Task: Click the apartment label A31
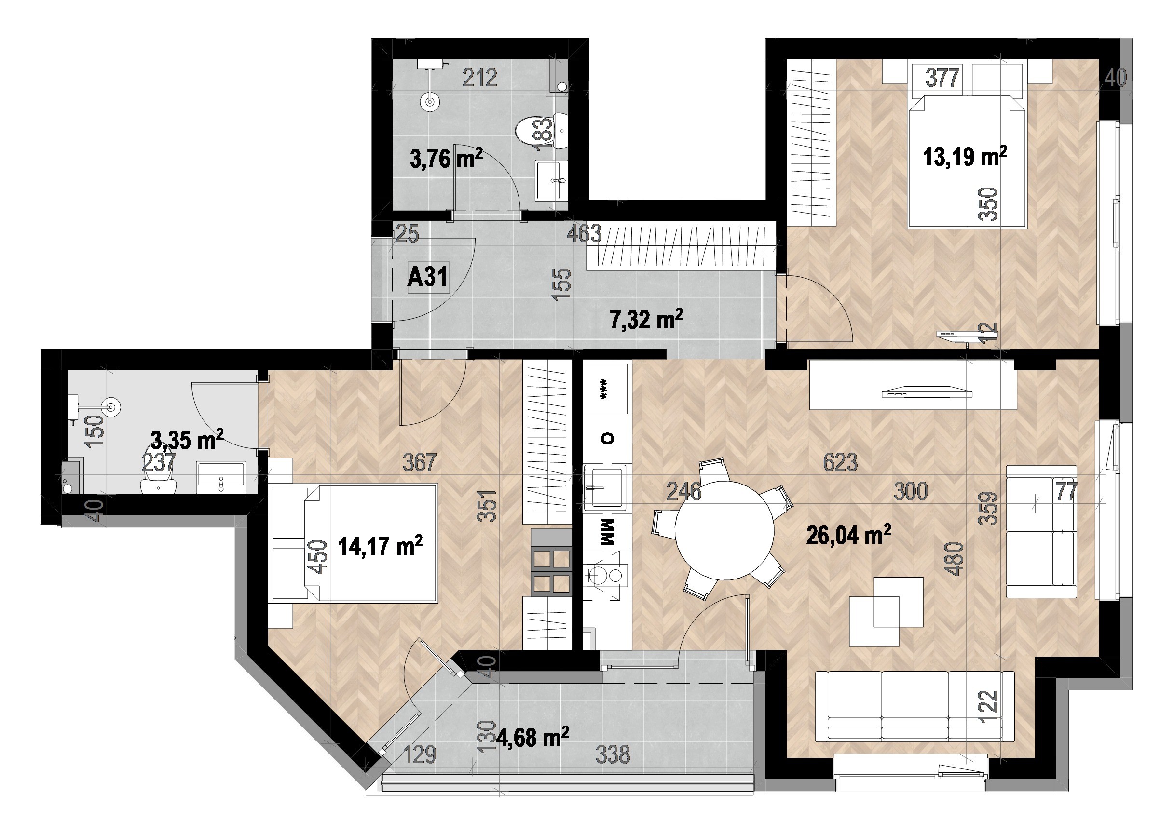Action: (x=428, y=278)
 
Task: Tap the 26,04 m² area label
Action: (x=849, y=535)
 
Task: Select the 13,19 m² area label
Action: (x=965, y=156)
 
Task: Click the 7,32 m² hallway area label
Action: (x=646, y=320)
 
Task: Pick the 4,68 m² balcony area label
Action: (x=533, y=738)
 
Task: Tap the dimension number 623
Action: (x=840, y=462)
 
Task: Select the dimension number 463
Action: (x=584, y=233)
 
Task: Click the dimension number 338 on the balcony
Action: (x=613, y=755)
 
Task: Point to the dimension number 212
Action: (x=480, y=78)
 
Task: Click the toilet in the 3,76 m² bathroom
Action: (x=541, y=132)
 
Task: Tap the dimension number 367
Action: (x=420, y=462)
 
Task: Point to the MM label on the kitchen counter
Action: (x=608, y=532)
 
